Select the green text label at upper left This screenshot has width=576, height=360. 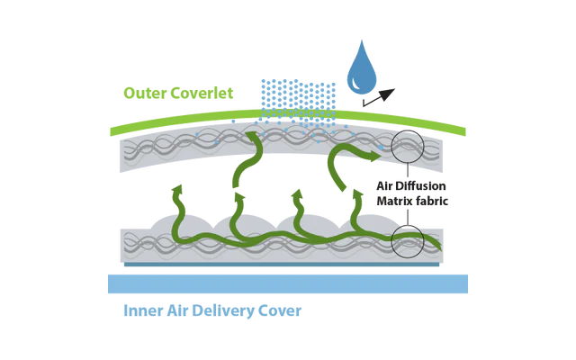click(177, 91)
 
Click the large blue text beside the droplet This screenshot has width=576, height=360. click(296, 89)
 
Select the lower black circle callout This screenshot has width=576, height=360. click(409, 239)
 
